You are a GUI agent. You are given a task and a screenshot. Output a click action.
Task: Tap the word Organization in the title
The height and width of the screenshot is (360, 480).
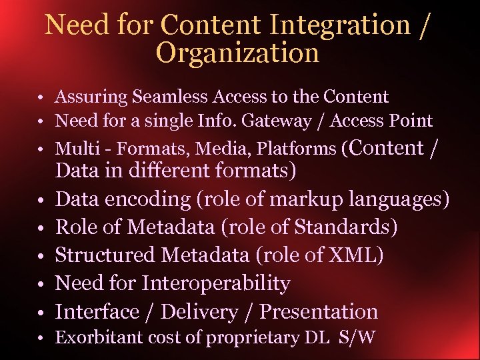[x=237, y=53]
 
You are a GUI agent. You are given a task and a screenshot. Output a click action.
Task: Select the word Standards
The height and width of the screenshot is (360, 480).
[x=347, y=227]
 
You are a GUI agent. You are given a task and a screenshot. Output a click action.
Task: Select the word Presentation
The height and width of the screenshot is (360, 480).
[x=319, y=312]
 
